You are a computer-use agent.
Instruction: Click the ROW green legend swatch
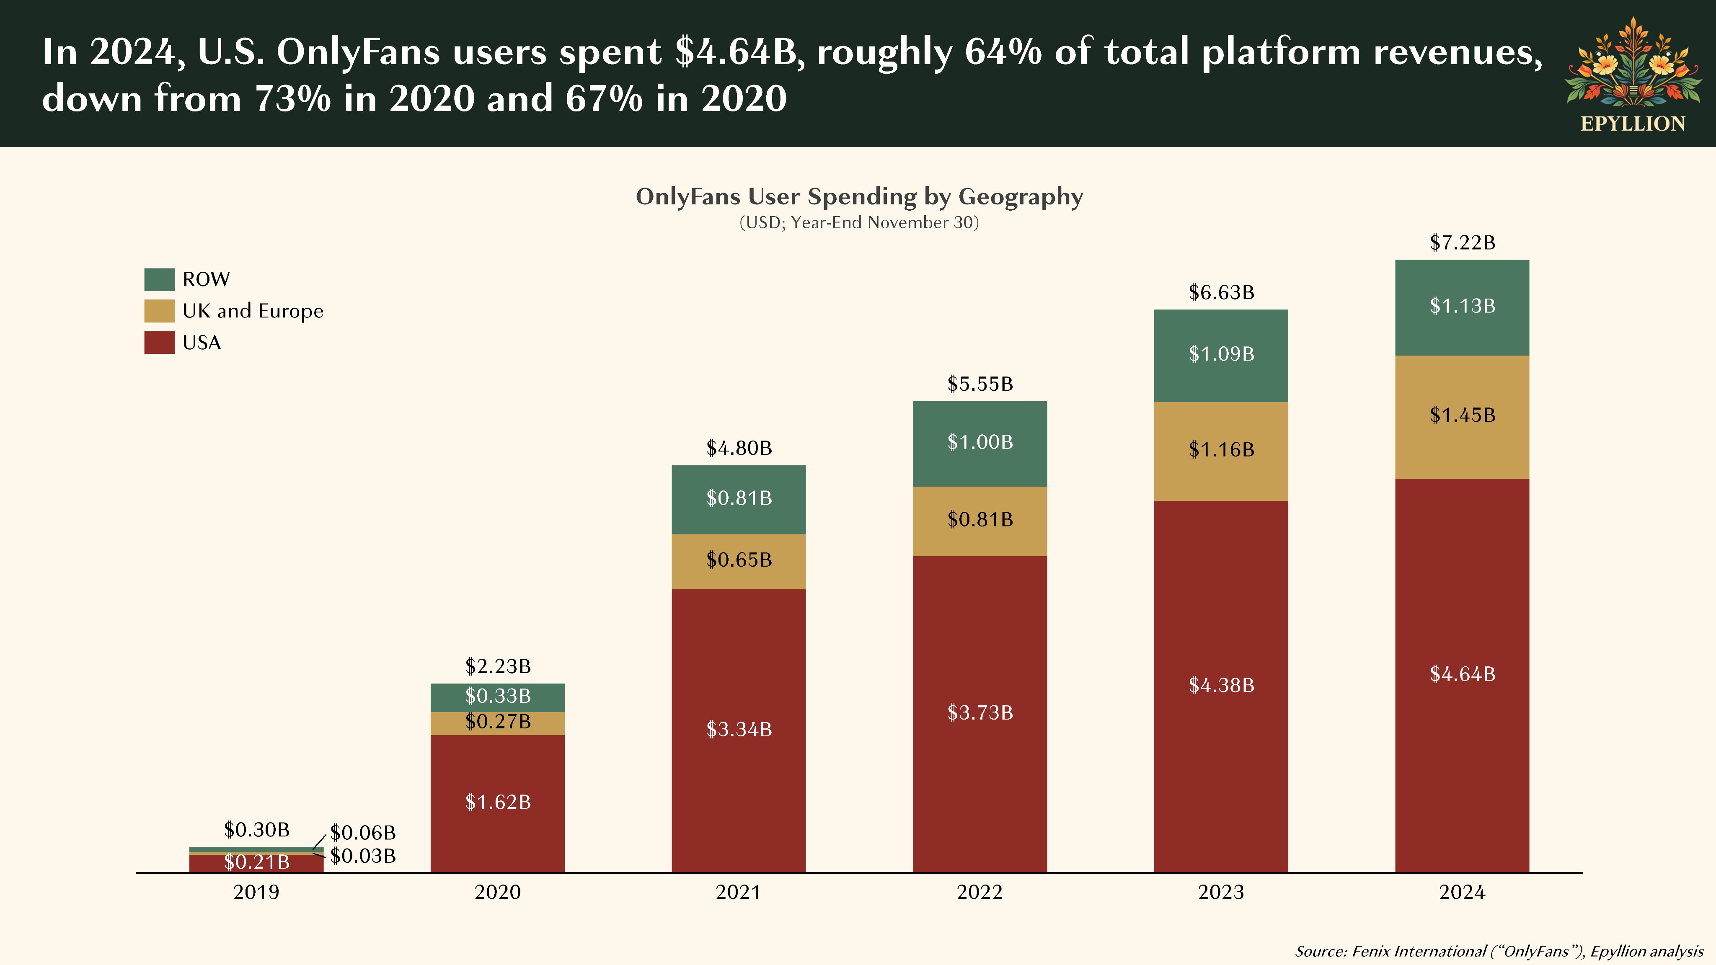(x=159, y=279)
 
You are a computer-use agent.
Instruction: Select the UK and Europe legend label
(x=253, y=311)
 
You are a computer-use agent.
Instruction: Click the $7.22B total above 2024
(x=1462, y=243)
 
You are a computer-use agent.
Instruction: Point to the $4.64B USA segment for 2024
(x=1462, y=674)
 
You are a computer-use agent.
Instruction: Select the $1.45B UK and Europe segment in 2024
(x=1462, y=415)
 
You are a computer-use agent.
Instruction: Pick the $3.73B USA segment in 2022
(x=980, y=712)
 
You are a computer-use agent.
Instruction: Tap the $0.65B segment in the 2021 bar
(x=739, y=560)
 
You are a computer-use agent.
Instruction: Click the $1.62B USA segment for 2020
(x=498, y=802)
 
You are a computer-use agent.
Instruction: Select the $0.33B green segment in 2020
(x=498, y=696)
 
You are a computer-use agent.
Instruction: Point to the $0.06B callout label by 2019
(x=363, y=833)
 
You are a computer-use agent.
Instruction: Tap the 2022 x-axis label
(x=980, y=893)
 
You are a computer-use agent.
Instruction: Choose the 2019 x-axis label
(x=256, y=893)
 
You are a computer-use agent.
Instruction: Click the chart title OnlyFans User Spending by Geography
(x=859, y=196)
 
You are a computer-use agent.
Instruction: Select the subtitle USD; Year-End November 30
(x=859, y=222)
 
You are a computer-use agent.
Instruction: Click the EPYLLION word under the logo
(x=1633, y=124)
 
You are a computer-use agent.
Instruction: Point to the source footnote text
(x=1499, y=951)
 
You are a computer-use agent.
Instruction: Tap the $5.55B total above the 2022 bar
(x=980, y=384)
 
